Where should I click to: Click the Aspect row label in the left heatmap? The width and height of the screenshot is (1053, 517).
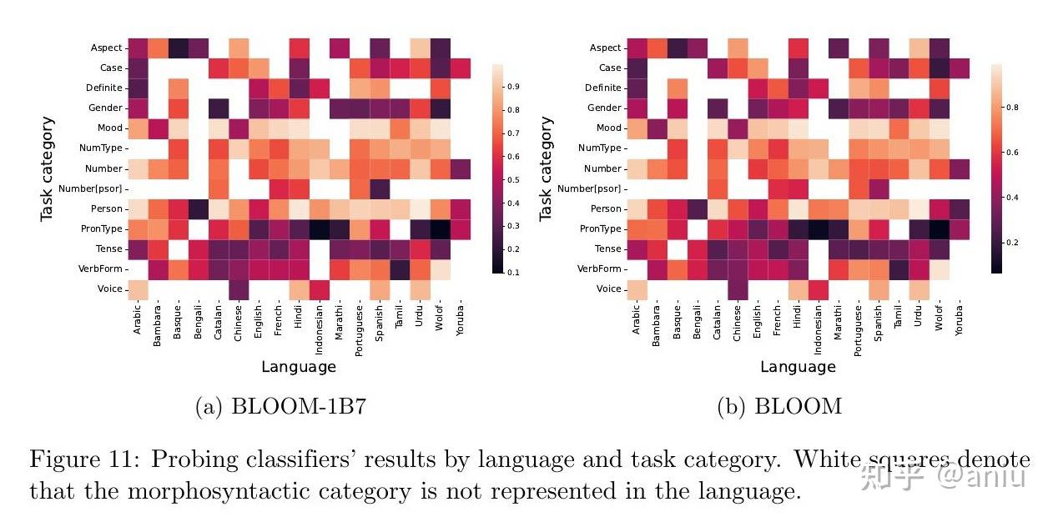click(107, 48)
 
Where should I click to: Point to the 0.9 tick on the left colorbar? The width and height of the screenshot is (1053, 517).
click(511, 87)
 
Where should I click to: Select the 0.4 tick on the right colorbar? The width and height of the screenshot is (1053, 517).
click(1010, 198)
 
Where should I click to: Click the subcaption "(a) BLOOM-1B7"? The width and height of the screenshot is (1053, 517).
click(280, 406)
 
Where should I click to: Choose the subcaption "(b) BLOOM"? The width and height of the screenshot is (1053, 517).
click(779, 406)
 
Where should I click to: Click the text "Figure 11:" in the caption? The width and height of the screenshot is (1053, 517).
click(78, 459)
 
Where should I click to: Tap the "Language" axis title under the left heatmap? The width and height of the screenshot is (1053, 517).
click(299, 367)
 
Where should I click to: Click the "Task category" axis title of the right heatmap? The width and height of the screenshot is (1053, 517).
click(546, 169)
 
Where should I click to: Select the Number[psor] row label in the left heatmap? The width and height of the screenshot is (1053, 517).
click(93, 188)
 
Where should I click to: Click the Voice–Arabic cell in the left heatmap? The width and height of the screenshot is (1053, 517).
click(138, 289)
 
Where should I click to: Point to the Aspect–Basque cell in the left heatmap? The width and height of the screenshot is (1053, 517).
click(178, 48)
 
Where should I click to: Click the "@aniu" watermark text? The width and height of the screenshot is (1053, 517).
click(981, 477)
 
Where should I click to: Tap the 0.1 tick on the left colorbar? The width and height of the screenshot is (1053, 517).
click(511, 273)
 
